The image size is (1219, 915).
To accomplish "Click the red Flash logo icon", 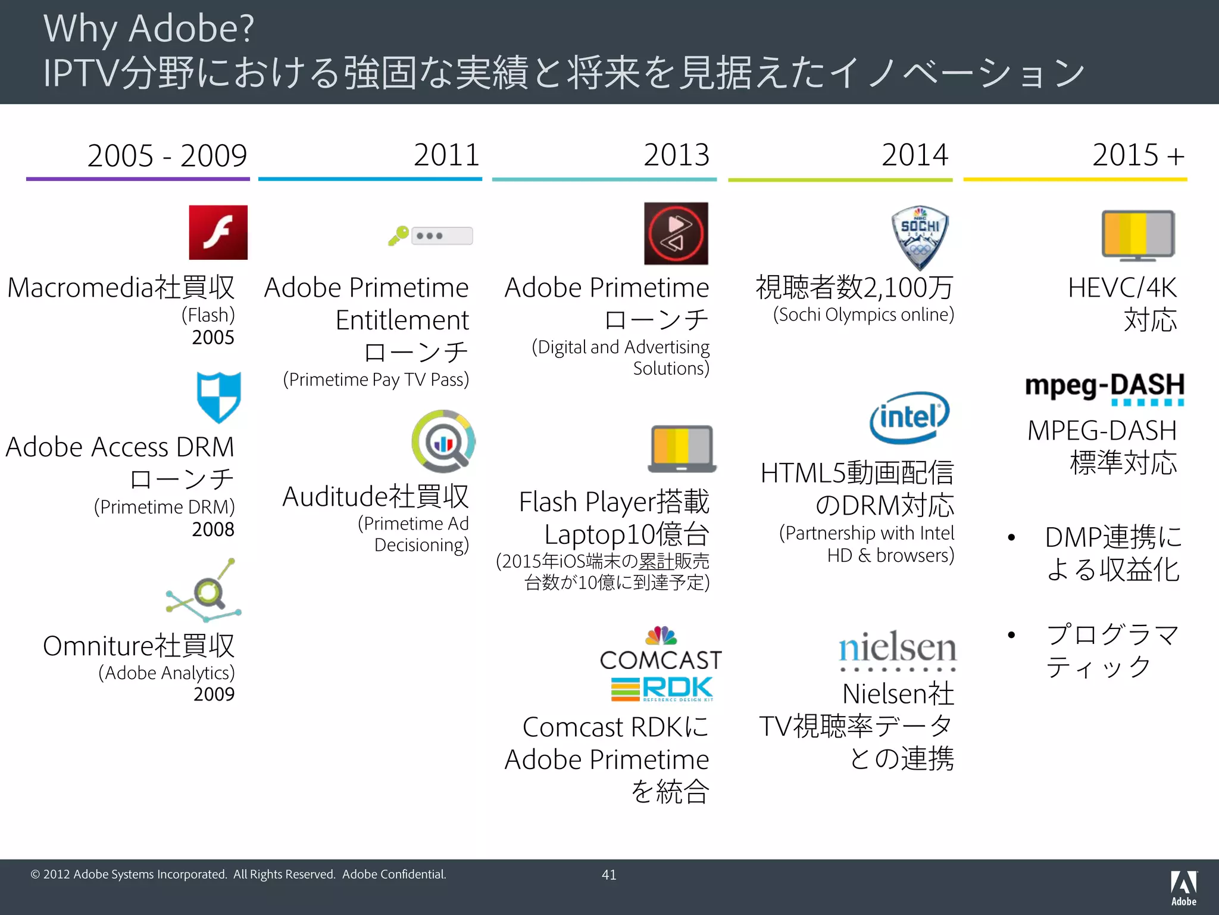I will pyautogui.click(x=218, y=232).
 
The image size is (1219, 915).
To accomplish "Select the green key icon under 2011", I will pyautogui.click(x=398, y=235).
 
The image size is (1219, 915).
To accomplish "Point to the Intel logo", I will pyautogui.click(x=909, y=417).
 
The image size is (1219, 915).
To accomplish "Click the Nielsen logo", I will pyautogui.click(x=898, y=650).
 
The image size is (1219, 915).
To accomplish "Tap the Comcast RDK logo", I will pyautogui.click(x=661, y=664).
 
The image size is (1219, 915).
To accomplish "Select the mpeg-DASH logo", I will pyautogui.click(x=1104, y=388).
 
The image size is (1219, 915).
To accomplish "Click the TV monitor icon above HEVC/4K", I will pyautogui.click(x=1137, y=235).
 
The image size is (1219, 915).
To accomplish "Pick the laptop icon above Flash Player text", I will pyautogui.click(x=682, y=449).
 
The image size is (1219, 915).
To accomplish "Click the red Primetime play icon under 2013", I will pyautogui.click(x=676, y=234).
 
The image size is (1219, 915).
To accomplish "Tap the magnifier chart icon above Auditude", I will pyautogui.click(x=443, y=441).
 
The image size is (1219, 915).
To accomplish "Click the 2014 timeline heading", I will pyautogui.click(x=914, y=155).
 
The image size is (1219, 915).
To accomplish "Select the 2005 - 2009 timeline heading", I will pyautogui.click(x=167, y=156).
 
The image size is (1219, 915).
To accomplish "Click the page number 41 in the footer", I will pyautogui.click(x=609, y=874).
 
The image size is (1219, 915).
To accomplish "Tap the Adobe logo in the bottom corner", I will pyautogui.click(x=1183, y=888).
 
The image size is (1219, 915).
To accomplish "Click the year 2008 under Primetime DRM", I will pyautogui.click(x=213, y=529).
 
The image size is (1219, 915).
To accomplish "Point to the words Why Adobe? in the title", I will pyautogui.click(x=149, y=28).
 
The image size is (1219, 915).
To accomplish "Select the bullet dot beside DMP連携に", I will pyautogui.click(x=1011, y=538).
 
